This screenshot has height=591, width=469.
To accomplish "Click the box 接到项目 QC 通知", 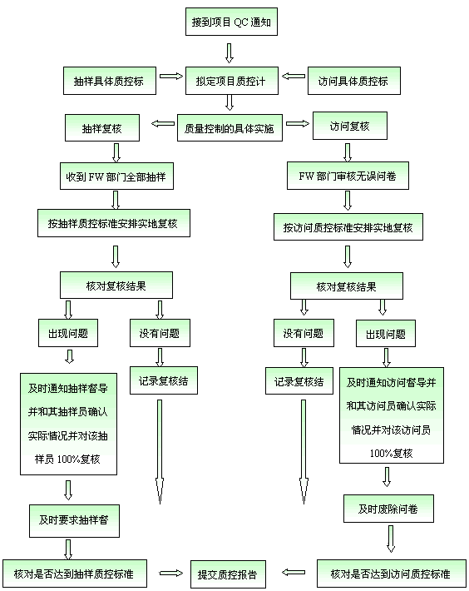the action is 231,22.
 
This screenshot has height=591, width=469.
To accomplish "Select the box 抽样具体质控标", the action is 110,81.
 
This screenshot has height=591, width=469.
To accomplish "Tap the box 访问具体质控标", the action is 354,81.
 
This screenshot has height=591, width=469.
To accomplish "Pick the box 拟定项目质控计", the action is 232,81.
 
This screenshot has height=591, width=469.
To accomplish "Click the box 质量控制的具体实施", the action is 230,128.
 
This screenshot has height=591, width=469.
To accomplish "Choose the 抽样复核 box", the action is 102,128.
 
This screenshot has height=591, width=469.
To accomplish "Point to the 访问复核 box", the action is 350,126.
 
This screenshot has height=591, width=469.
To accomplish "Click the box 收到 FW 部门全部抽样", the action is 116,176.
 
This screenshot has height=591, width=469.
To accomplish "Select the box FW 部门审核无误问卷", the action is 348,176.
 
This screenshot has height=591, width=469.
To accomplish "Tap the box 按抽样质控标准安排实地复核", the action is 114,223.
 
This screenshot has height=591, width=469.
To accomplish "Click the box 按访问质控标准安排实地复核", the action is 348,227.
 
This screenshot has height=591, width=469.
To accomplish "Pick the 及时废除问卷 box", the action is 388,509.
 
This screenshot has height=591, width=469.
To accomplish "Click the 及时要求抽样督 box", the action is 75,521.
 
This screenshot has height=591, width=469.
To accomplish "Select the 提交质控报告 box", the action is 228,574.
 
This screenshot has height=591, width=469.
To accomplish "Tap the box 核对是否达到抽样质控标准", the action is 75,574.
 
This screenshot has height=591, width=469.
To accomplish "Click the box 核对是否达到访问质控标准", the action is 392,574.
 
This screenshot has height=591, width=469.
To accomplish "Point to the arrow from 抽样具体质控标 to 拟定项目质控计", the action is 171,76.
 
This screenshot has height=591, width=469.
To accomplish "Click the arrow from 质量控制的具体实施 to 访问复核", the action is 298,123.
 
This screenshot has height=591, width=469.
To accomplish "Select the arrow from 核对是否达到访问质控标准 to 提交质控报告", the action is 294,573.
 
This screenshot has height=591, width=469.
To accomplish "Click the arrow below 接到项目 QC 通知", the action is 230,53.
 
